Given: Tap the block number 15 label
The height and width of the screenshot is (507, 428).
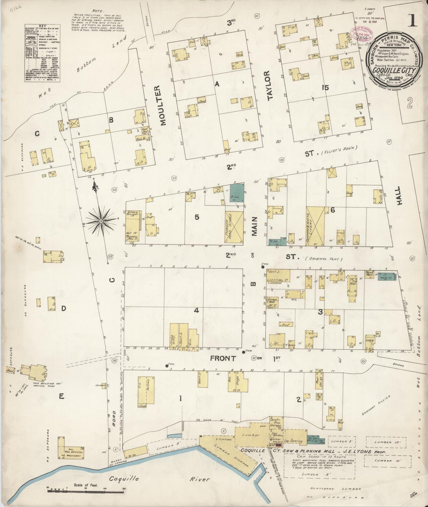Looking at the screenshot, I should [x=326, y=88].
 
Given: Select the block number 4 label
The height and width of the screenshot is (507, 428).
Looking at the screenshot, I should [x=196, y=310].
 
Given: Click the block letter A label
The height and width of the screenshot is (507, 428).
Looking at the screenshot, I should [x=217, y=84].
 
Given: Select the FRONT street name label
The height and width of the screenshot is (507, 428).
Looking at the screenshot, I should [x=223, y=359].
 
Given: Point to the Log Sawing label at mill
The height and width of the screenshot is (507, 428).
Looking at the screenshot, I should [x=293, y=441].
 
